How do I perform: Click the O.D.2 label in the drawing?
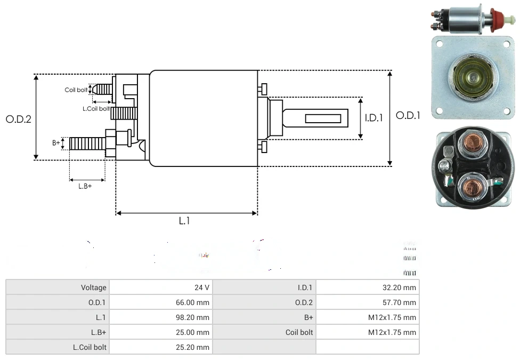tap(19, 119)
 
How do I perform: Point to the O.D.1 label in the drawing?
tap(408, 115)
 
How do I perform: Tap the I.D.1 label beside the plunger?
tap(373, 118)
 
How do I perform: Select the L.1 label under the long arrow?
tap(184, 221)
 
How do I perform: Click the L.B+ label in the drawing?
tap(85, 186)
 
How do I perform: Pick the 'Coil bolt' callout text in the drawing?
tap(76, 90)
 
